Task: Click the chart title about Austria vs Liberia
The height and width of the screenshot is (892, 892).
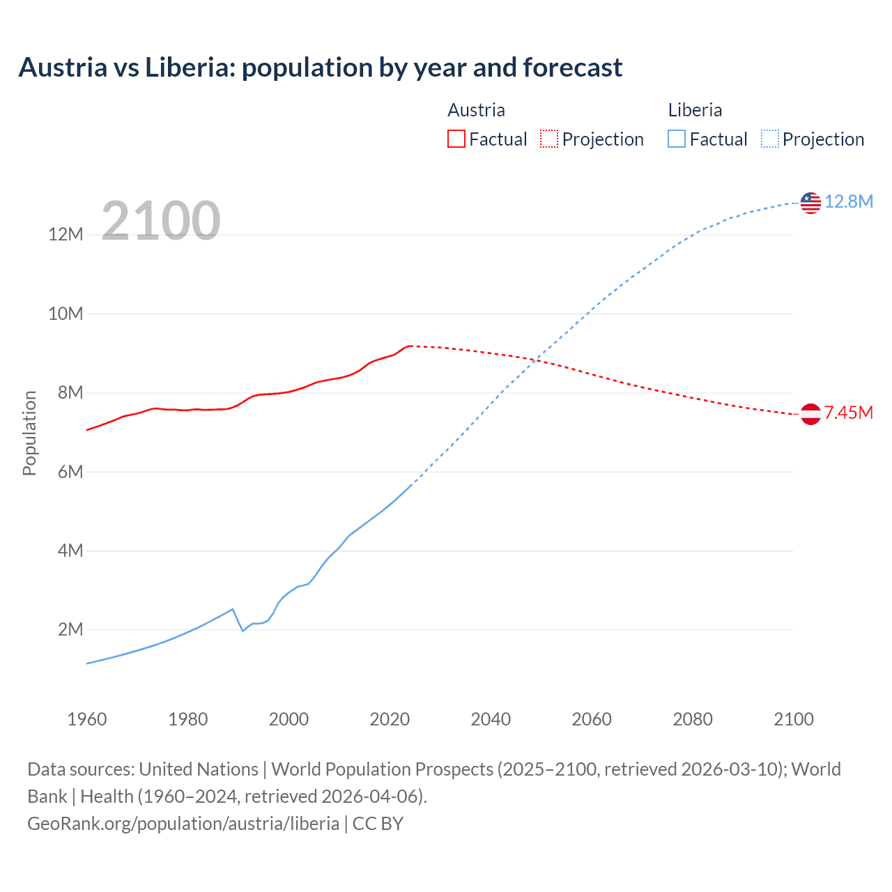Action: click(321, 68)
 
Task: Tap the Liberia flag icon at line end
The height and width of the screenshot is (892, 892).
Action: click(810, 203)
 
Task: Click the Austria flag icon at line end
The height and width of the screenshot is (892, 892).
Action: click(810, 414)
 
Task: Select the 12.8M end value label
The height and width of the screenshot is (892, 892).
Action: click(849, 201)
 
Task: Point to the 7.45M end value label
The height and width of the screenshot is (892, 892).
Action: click(849, 413)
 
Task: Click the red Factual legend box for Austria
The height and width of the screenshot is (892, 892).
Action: click(456, 139)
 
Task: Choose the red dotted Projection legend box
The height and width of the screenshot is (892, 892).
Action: click(549, 139)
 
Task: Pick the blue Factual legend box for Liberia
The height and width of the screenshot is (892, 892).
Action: click(676, 139)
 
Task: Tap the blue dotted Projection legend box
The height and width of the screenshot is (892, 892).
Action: click(770, 139)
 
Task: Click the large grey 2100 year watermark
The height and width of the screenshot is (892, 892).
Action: click(161, 221)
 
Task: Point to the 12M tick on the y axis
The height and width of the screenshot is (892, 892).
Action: click(66, 234)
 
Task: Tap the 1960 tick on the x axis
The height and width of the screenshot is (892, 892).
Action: click(87, 719)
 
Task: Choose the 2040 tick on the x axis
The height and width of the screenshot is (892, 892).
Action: click(491, 719)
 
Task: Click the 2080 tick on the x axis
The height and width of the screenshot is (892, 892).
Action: click(693, 719)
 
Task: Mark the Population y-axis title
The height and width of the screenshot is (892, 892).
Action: click(29, 433)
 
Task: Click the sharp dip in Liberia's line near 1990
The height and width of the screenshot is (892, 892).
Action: click(243, 631)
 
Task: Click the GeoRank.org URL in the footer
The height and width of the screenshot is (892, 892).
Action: click(183, 823)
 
